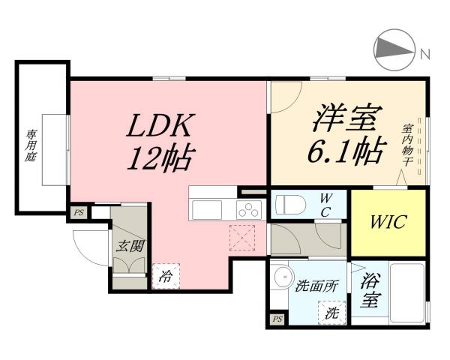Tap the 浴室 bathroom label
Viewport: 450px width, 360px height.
pyautogui.click(x=369, y=290)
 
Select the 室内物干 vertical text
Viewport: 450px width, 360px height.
pyautogui.click(x=406, y=147)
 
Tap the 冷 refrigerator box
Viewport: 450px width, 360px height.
pyautogui.click(x=164, y=276)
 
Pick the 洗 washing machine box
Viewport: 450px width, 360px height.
pyautogui.click(x=331, y=311)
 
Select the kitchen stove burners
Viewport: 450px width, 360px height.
pyautogui.click(x=247, y=208)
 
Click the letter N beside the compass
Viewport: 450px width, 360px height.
pyautogui.click(x=425, y=53)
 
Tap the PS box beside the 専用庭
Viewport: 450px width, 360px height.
pyautogui.click(x=78, y=213)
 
